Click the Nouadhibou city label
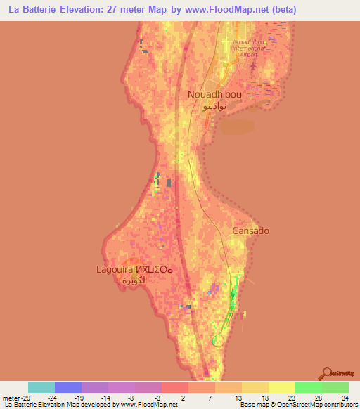(215, 94)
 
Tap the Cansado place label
(251, 231)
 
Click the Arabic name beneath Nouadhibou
(214, 108)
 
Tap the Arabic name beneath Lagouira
(136, 280)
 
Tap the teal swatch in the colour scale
(41, 387)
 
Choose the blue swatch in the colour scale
(68, 387)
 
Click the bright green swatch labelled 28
(309, 387)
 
